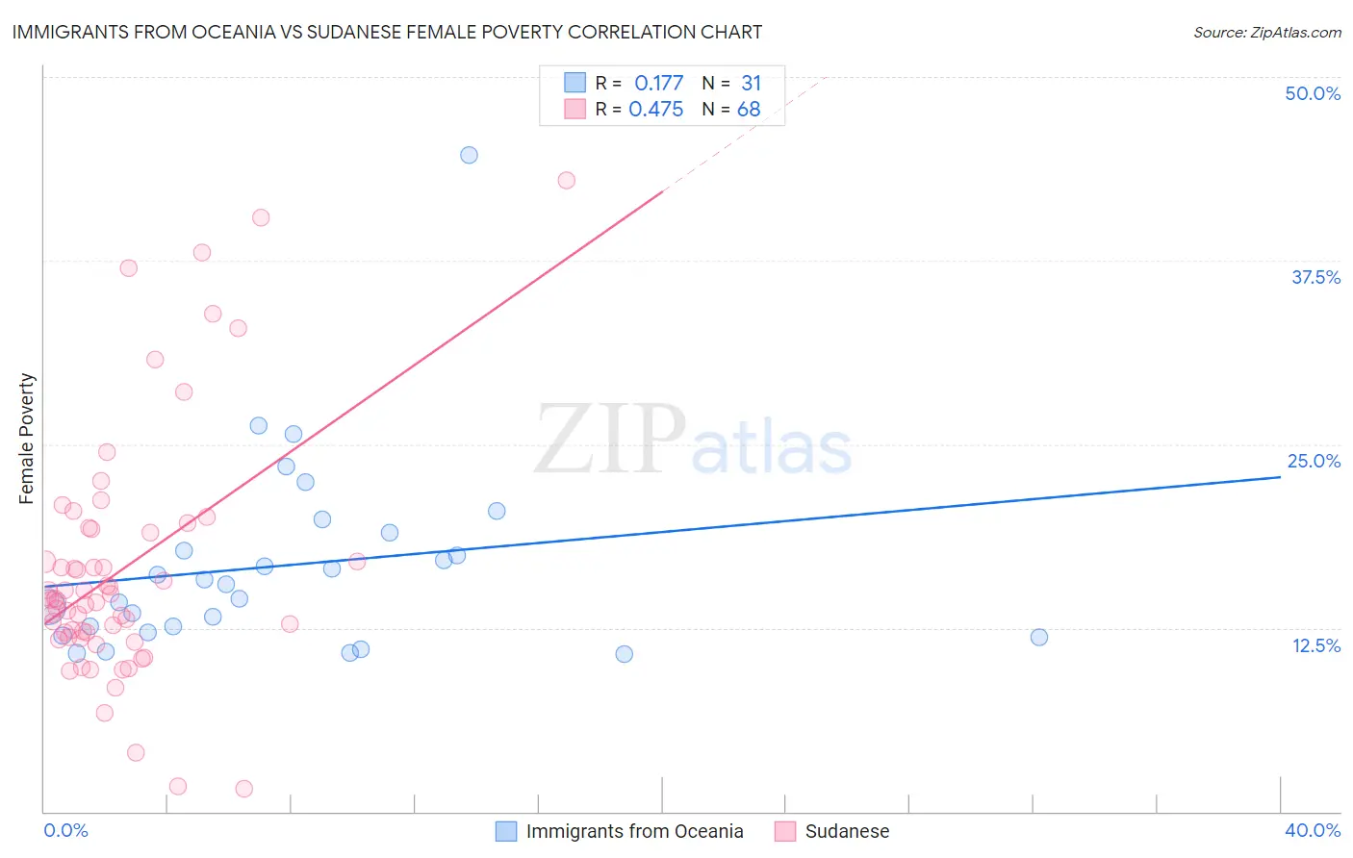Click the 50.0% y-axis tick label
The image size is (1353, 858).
[x=1313, y=93]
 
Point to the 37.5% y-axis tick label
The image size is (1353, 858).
[x=1315, y=277]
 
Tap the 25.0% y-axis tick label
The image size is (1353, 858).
[x=1314, y=461]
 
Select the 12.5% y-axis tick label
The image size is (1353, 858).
[x=1315, y=645]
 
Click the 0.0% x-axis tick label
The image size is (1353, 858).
[x=65, y=830]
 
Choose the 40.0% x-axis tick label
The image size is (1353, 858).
[x=1312, y=830]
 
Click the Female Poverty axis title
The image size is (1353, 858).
[x=27, y=439]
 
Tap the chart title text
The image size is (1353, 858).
[x=387, y=32]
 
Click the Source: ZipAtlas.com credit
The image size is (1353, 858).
[x=1266, y=32]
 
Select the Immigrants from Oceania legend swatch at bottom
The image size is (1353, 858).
[x=506, y=831]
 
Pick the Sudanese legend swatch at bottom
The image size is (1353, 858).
[x=785, y=831]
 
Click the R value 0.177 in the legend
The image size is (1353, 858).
[x=658, y=84]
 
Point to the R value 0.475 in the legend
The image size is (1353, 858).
[x=655, y=110]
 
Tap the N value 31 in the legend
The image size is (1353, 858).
[x=751, y=84]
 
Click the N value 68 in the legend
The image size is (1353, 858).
[x=749, y=110]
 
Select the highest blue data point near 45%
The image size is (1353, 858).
[x=469, y=155]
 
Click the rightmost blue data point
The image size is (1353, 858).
[x=1038, y=637]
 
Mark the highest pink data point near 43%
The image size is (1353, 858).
[x=567, y=181]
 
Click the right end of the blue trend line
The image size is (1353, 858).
[x=1280, y=476]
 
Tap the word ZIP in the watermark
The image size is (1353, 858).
[x=610, y=441]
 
